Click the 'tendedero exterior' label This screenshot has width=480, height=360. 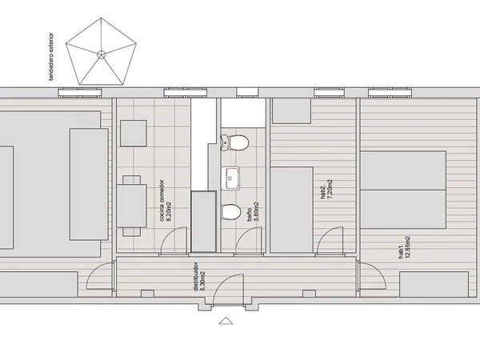click(x=51, y=57)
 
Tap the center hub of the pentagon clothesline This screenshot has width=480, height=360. click(x=102, y=55)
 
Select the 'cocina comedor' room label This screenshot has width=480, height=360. click(x=162, y=201)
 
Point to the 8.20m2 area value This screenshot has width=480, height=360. click(x=169, y=211)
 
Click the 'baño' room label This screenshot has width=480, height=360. click(x=250, y=215)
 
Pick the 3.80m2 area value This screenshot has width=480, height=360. click(x=257, y=211)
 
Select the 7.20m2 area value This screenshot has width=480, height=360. click(x=330, y=190)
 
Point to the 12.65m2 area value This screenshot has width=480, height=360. click(x=407, y=248)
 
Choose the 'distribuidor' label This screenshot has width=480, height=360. click(x=196, y=276)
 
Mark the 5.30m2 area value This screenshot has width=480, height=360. click(x=203, y=281)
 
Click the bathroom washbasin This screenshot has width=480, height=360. click(x=230, y=178)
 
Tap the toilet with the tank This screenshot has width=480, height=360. click(x=234, y=143)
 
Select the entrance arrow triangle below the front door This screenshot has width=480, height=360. click(x=226, y=321)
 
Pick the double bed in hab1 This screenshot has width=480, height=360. click(x=403, y=190)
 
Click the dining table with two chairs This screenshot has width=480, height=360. click(x=132, y=206)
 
